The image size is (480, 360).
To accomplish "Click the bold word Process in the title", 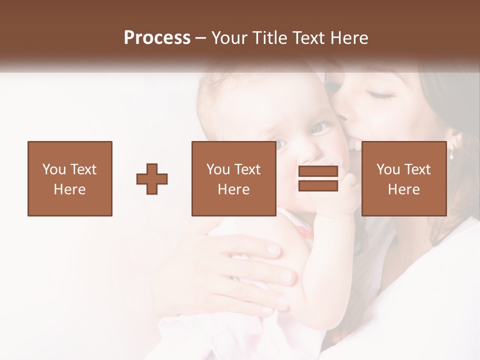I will pos(157,38).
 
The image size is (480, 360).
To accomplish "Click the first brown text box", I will pos(70,178).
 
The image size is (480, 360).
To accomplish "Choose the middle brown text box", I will pos(233,178).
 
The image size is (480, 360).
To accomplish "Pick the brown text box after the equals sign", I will pos(403,178).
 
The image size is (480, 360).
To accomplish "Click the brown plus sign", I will pos(152,178).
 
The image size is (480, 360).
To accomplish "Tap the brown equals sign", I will pos(318,178).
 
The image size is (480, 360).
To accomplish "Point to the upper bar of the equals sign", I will pos(318,171).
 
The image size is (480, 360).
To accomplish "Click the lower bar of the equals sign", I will pos(318,185).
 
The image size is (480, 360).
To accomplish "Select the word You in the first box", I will pos(53,169).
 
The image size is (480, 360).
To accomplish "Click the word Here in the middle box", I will pos(233,189).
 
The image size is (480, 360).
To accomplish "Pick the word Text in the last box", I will pos(417,169).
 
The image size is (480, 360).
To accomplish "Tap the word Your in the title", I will pos(227,38).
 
